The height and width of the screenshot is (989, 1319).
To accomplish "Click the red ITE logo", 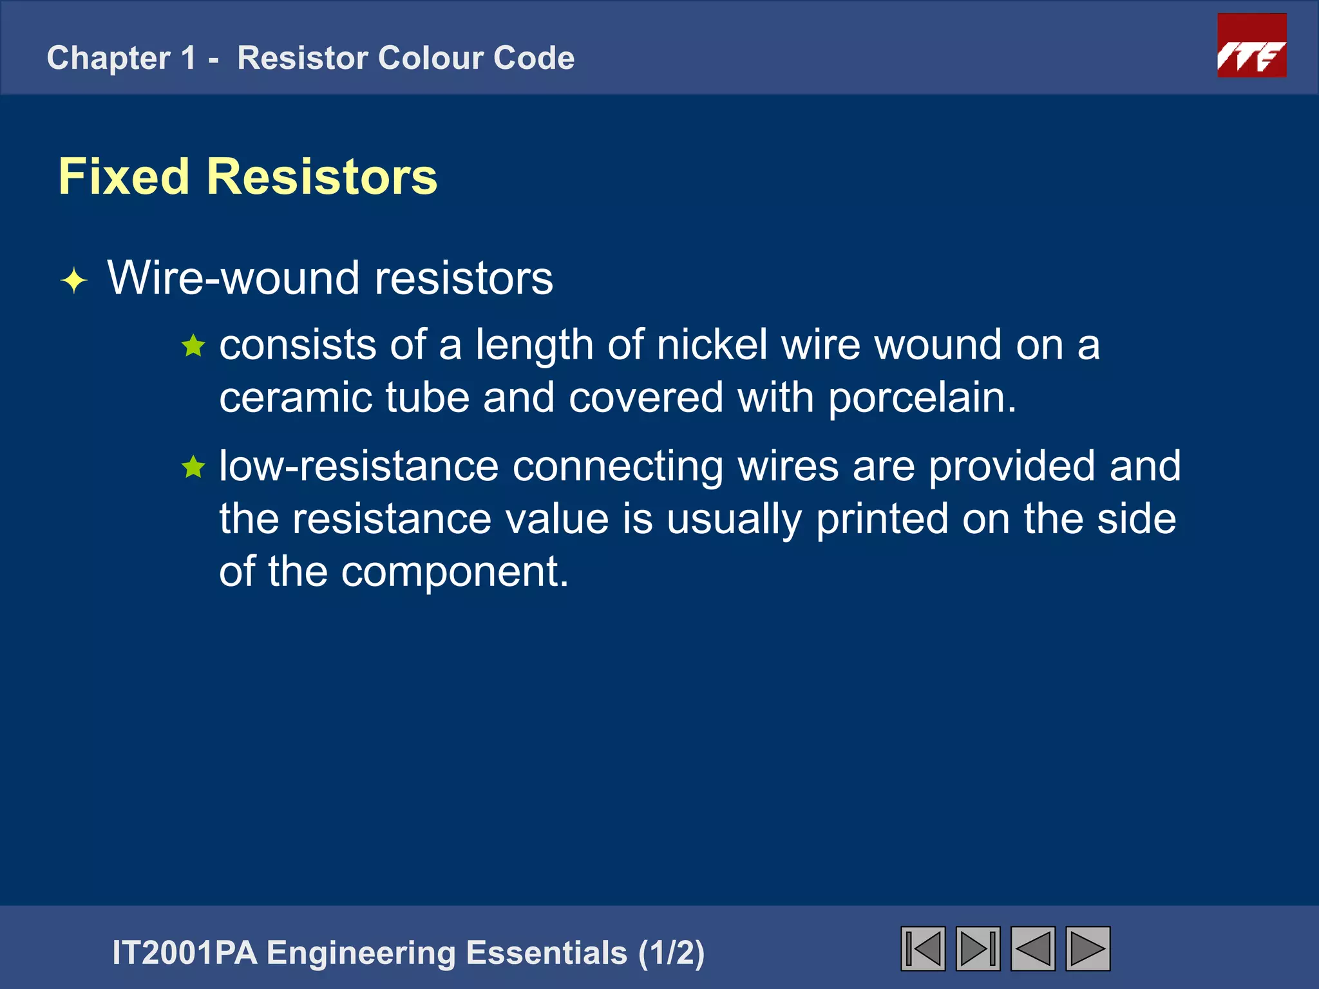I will [1251, 46].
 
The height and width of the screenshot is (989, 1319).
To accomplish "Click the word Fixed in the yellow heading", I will [124, 176].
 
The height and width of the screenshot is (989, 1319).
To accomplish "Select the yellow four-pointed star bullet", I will [74, 281].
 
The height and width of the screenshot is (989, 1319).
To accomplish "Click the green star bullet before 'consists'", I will [193, 346].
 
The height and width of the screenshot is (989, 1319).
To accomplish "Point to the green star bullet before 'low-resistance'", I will [193, 467].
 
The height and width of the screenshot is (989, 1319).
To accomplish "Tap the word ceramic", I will [295, 397].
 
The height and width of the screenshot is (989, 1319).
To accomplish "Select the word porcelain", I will [921, 397].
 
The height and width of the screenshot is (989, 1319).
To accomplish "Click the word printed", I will [882, 519].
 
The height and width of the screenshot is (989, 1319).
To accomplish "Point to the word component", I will [454, 572].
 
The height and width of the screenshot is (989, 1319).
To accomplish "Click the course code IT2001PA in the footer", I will [184, 953].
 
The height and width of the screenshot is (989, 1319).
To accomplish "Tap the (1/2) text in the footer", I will [671, 953].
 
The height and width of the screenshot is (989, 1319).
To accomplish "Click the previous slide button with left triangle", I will [1033, 948].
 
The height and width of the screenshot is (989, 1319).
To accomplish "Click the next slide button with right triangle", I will [1088, 948].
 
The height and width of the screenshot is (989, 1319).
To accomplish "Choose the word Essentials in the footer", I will [546, 953].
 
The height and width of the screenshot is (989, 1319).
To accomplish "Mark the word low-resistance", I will [359, 466].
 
